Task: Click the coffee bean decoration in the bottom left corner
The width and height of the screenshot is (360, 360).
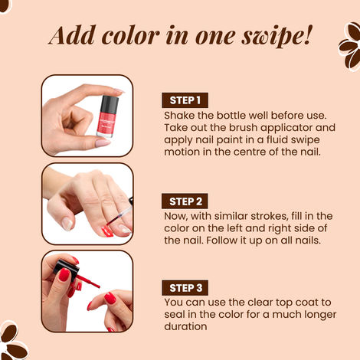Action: tap(11, 340)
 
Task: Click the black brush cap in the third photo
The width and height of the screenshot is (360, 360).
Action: tap(58, 270)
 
